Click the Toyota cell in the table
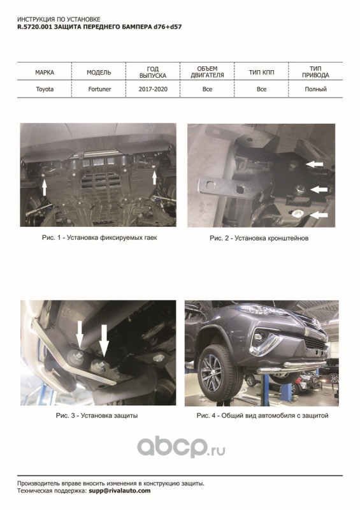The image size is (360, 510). point(45,89)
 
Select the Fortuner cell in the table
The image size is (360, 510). point(99,89)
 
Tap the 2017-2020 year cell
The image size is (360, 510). point(153,89)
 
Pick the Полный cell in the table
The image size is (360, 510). point(315,89)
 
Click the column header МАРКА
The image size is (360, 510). point(45,72)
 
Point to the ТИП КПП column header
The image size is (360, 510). point(261,72)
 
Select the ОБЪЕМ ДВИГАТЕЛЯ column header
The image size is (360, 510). point(207,72)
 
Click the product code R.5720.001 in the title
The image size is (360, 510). point(34,27)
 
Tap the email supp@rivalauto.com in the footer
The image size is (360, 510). point(119,491)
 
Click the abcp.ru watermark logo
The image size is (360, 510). point(181,447)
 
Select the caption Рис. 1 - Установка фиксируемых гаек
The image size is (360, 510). point(99,238)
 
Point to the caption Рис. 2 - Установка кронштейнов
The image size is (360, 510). point(259,238)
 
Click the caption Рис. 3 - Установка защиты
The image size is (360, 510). point(97,416)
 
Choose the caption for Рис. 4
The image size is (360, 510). point(263,416)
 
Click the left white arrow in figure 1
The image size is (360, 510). point(44,187)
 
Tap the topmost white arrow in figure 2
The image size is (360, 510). point(314,164)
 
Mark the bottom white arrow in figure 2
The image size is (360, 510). point(319,214)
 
